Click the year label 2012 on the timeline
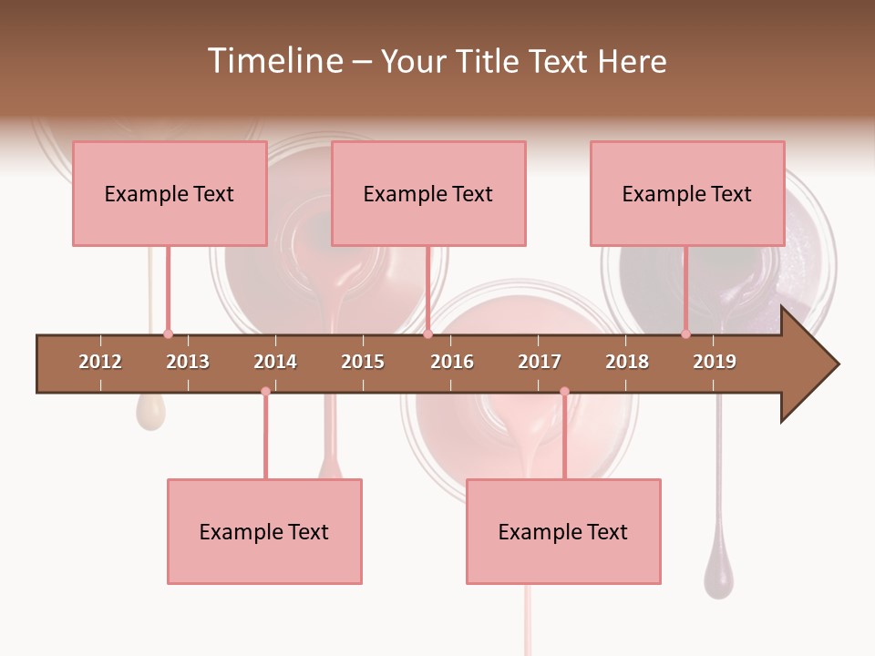[100, 362]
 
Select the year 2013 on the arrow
[188, 362]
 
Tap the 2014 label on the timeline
[275, 362]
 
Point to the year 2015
[363, 362]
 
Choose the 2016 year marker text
[452, 362]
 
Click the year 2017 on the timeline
[540, 362]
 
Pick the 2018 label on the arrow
[627, 362]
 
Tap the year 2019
[715, 362]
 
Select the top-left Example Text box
[170, 193]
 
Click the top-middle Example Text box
[428, 193]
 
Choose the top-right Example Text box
[687, 193]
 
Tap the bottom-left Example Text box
[264, 531]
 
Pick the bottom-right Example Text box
[563, 531]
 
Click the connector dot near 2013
[168, 334]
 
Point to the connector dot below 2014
[265, 391]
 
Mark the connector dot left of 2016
[427, 334]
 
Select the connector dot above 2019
[685, 334]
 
